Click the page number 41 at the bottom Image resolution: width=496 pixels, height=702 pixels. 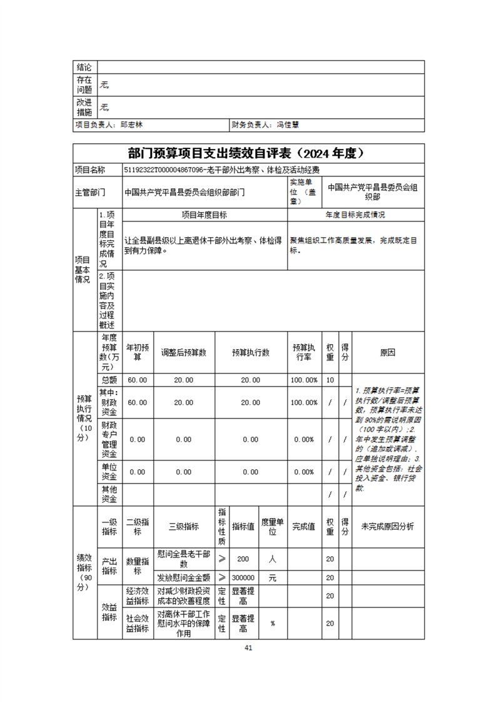(248, 648)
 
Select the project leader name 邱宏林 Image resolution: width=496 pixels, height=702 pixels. (132, 125)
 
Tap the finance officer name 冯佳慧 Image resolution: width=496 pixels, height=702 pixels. (288, 125)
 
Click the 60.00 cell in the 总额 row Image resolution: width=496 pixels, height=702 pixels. (138, 380)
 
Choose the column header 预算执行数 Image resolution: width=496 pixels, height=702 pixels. (250, 353)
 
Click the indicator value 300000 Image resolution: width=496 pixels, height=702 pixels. (243, 577)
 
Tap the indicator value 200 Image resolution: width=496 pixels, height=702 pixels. (243, 559)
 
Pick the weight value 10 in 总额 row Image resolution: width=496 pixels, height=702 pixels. (330, 380)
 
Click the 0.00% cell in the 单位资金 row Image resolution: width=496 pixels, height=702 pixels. (303, 472)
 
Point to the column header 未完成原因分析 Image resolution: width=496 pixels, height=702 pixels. (388, 527)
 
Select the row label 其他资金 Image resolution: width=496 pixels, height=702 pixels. (109, 494)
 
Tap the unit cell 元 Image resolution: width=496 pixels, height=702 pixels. (273, 577)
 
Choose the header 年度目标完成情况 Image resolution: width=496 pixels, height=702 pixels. (355, 215)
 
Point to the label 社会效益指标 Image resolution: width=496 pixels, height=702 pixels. (137, 623)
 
